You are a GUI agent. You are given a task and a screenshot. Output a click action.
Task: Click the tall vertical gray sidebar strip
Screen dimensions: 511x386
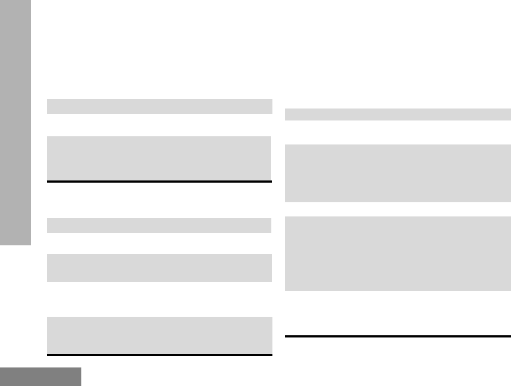(x=15, y=123)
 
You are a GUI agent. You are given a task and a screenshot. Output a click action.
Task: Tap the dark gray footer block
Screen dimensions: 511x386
(x=40, y=376)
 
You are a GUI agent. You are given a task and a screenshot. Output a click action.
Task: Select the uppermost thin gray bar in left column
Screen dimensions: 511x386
(x=159, y=106)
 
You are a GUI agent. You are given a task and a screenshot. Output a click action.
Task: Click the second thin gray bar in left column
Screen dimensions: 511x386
(x=159, y=225)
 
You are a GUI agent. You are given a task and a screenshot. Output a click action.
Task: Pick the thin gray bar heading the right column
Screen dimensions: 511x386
(x=397, y=114)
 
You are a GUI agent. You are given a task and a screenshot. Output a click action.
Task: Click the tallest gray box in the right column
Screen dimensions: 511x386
(x=397, y=254)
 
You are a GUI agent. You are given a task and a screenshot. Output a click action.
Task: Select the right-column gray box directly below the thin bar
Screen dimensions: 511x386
(x=397, y=173)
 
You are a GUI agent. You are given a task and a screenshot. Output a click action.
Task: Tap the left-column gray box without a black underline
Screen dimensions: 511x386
(x=159, y=268)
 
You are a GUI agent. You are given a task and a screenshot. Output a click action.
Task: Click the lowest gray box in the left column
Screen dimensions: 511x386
(x=159, y=335)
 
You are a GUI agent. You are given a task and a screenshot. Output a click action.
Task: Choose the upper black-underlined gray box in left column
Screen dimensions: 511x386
(x=159, y=158)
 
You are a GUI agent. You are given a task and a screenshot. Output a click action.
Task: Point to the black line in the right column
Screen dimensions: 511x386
(x=397, y=336)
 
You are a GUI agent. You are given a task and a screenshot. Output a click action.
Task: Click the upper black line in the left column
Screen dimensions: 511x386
(x=159, y=181)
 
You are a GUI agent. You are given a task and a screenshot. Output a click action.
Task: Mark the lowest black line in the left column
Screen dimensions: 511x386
(x=159, y=355)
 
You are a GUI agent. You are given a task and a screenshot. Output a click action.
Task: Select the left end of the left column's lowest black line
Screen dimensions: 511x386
(x=48, y=355)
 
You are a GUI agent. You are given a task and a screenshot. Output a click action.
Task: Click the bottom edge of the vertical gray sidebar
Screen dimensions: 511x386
(x=15, y=245)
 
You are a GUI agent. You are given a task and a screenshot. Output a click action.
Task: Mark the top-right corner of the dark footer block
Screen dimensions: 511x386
(x=81, y=368)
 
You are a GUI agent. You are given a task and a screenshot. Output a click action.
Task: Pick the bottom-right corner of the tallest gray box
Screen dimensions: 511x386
(x=510, y=290)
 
